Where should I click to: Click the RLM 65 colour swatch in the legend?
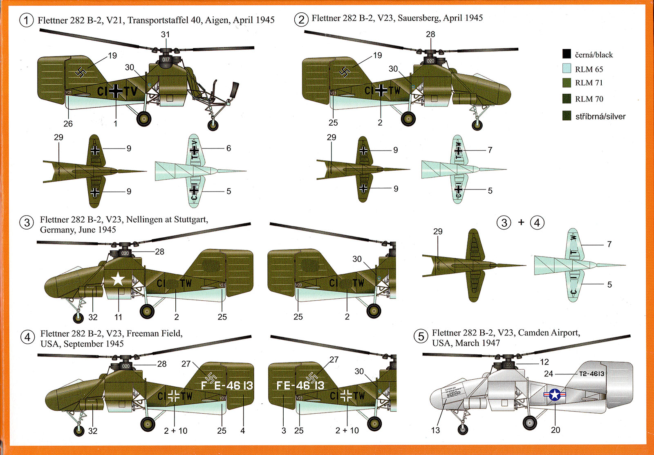pos(567,68)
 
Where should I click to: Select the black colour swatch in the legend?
pos(567,54)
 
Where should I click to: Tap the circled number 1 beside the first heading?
pos(27,20)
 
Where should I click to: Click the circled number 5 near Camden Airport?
pos(421,337)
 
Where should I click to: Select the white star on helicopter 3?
pos(118,279)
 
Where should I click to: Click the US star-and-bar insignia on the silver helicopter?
pos(555,394)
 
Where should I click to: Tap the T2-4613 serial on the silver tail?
pos(591,374)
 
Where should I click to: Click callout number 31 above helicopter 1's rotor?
pos(165,35)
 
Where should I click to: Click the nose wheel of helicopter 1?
pos(213,124)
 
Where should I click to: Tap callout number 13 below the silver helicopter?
pos(435,430)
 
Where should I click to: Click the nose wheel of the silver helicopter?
pos(463,429)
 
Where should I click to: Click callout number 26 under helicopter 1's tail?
pos(68,124)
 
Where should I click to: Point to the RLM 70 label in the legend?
pos(589,99)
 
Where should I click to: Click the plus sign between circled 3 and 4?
pos(521,223)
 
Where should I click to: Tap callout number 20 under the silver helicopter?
pos(555,430)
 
